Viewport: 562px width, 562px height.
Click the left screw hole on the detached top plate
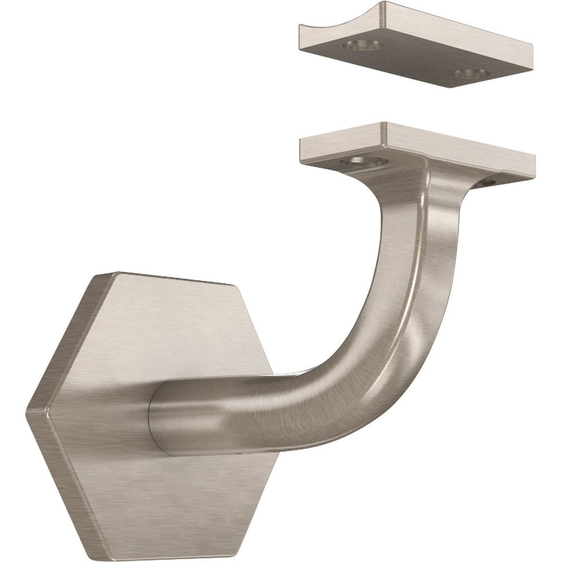point(361,46)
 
